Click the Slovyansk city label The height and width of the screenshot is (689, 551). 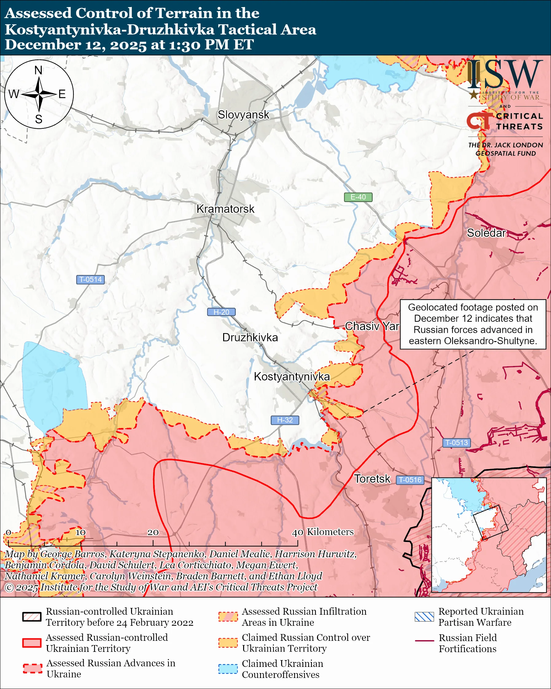point(243,115)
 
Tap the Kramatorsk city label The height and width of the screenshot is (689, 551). point(225,209)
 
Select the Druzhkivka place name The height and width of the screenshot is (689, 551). point(250,337)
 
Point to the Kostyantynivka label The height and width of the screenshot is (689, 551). point(292,376)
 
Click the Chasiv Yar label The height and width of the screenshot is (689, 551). point(372,326)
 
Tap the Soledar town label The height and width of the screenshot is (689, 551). point(486,233)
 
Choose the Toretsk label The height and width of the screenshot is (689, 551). point(372,479)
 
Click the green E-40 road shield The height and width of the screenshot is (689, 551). point(358,197)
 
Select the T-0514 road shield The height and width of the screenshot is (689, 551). point(90,279)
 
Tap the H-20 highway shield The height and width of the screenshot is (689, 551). point(221,312)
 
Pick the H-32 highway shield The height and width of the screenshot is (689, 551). point(285,420)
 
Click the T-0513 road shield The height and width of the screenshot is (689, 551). point(456,443)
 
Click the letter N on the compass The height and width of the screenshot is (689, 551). point(38,70)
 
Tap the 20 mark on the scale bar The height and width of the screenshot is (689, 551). point(153,532)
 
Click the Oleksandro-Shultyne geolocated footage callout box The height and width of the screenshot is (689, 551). point(473,324)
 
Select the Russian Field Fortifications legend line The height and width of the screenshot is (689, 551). point(424,641)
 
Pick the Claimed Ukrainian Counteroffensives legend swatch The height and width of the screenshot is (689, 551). point(228,669)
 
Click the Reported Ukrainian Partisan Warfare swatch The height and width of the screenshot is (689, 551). point(424,617)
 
